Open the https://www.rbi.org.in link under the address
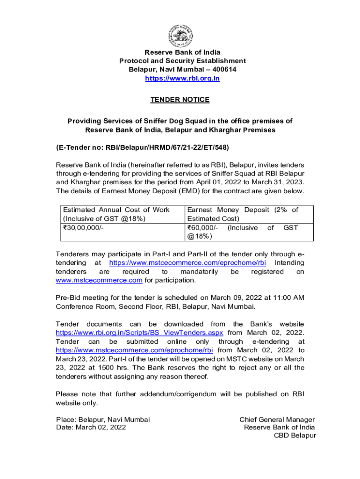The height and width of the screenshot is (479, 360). click(182, 79)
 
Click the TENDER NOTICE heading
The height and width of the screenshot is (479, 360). click(180, 100)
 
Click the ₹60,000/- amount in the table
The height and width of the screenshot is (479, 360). click(202, 228)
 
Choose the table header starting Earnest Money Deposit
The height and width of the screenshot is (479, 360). click(242, 214)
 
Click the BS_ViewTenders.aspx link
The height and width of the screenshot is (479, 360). click(139, 333)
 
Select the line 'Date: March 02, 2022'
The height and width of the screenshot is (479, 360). click(91, 427)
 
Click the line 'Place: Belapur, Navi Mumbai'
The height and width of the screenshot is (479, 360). click(103, 419)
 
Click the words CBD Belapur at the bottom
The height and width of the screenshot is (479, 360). click(295, 435)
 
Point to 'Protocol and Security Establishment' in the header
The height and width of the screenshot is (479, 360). click(182, 61)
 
